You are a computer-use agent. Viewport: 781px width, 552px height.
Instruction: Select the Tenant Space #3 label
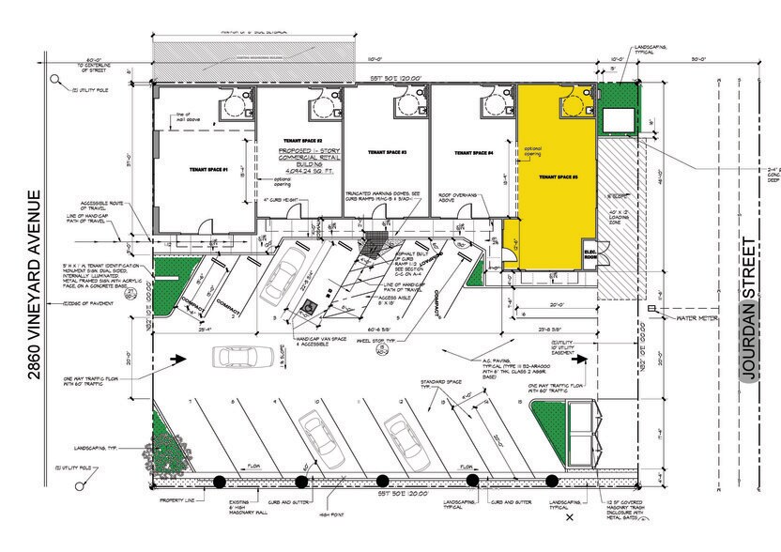(386, 151)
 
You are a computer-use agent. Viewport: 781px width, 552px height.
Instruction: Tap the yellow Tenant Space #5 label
(558, 176)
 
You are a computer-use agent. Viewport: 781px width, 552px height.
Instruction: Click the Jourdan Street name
(749, 309)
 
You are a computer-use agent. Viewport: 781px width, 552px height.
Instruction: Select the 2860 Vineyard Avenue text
(36, 285)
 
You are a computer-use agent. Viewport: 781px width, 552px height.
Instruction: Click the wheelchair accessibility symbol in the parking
(305, 307)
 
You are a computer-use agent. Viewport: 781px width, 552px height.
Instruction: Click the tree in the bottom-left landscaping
(167, 442)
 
